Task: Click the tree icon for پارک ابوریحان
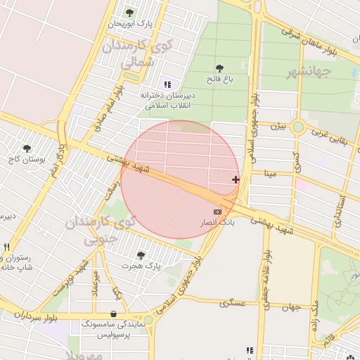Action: tap(129, 13)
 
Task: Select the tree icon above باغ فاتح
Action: tap(219, 69)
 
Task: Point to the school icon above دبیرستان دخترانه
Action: tap(167, 84)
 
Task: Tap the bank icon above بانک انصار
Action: tap(217, 211)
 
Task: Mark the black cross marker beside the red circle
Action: tap(235, 180)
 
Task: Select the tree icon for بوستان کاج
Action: tap(27, 148)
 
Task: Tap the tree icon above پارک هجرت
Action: tap(141, 255)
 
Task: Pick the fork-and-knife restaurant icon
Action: tap(6, 247)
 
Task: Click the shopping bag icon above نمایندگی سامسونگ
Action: tap(113, 314)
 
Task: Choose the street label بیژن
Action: tap(279, 127)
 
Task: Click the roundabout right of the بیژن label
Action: tap(298, 127)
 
